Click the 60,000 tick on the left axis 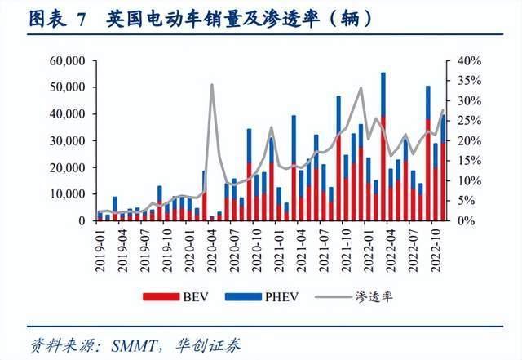click(66, 61)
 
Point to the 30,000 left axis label click(66, 141)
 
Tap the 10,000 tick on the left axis click(66, 194)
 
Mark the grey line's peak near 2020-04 click(212, 84)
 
